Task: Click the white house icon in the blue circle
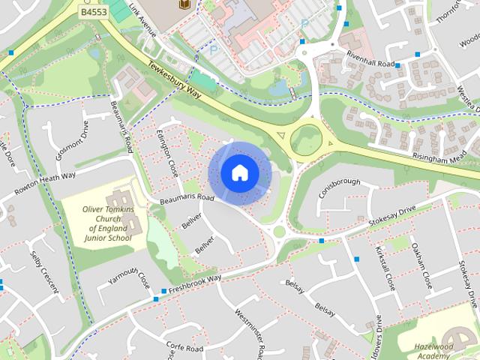tap(239, 173)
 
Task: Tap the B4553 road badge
tap(92, 13)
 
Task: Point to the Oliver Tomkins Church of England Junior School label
tap(106, 220)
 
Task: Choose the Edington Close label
tap(169, 154)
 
